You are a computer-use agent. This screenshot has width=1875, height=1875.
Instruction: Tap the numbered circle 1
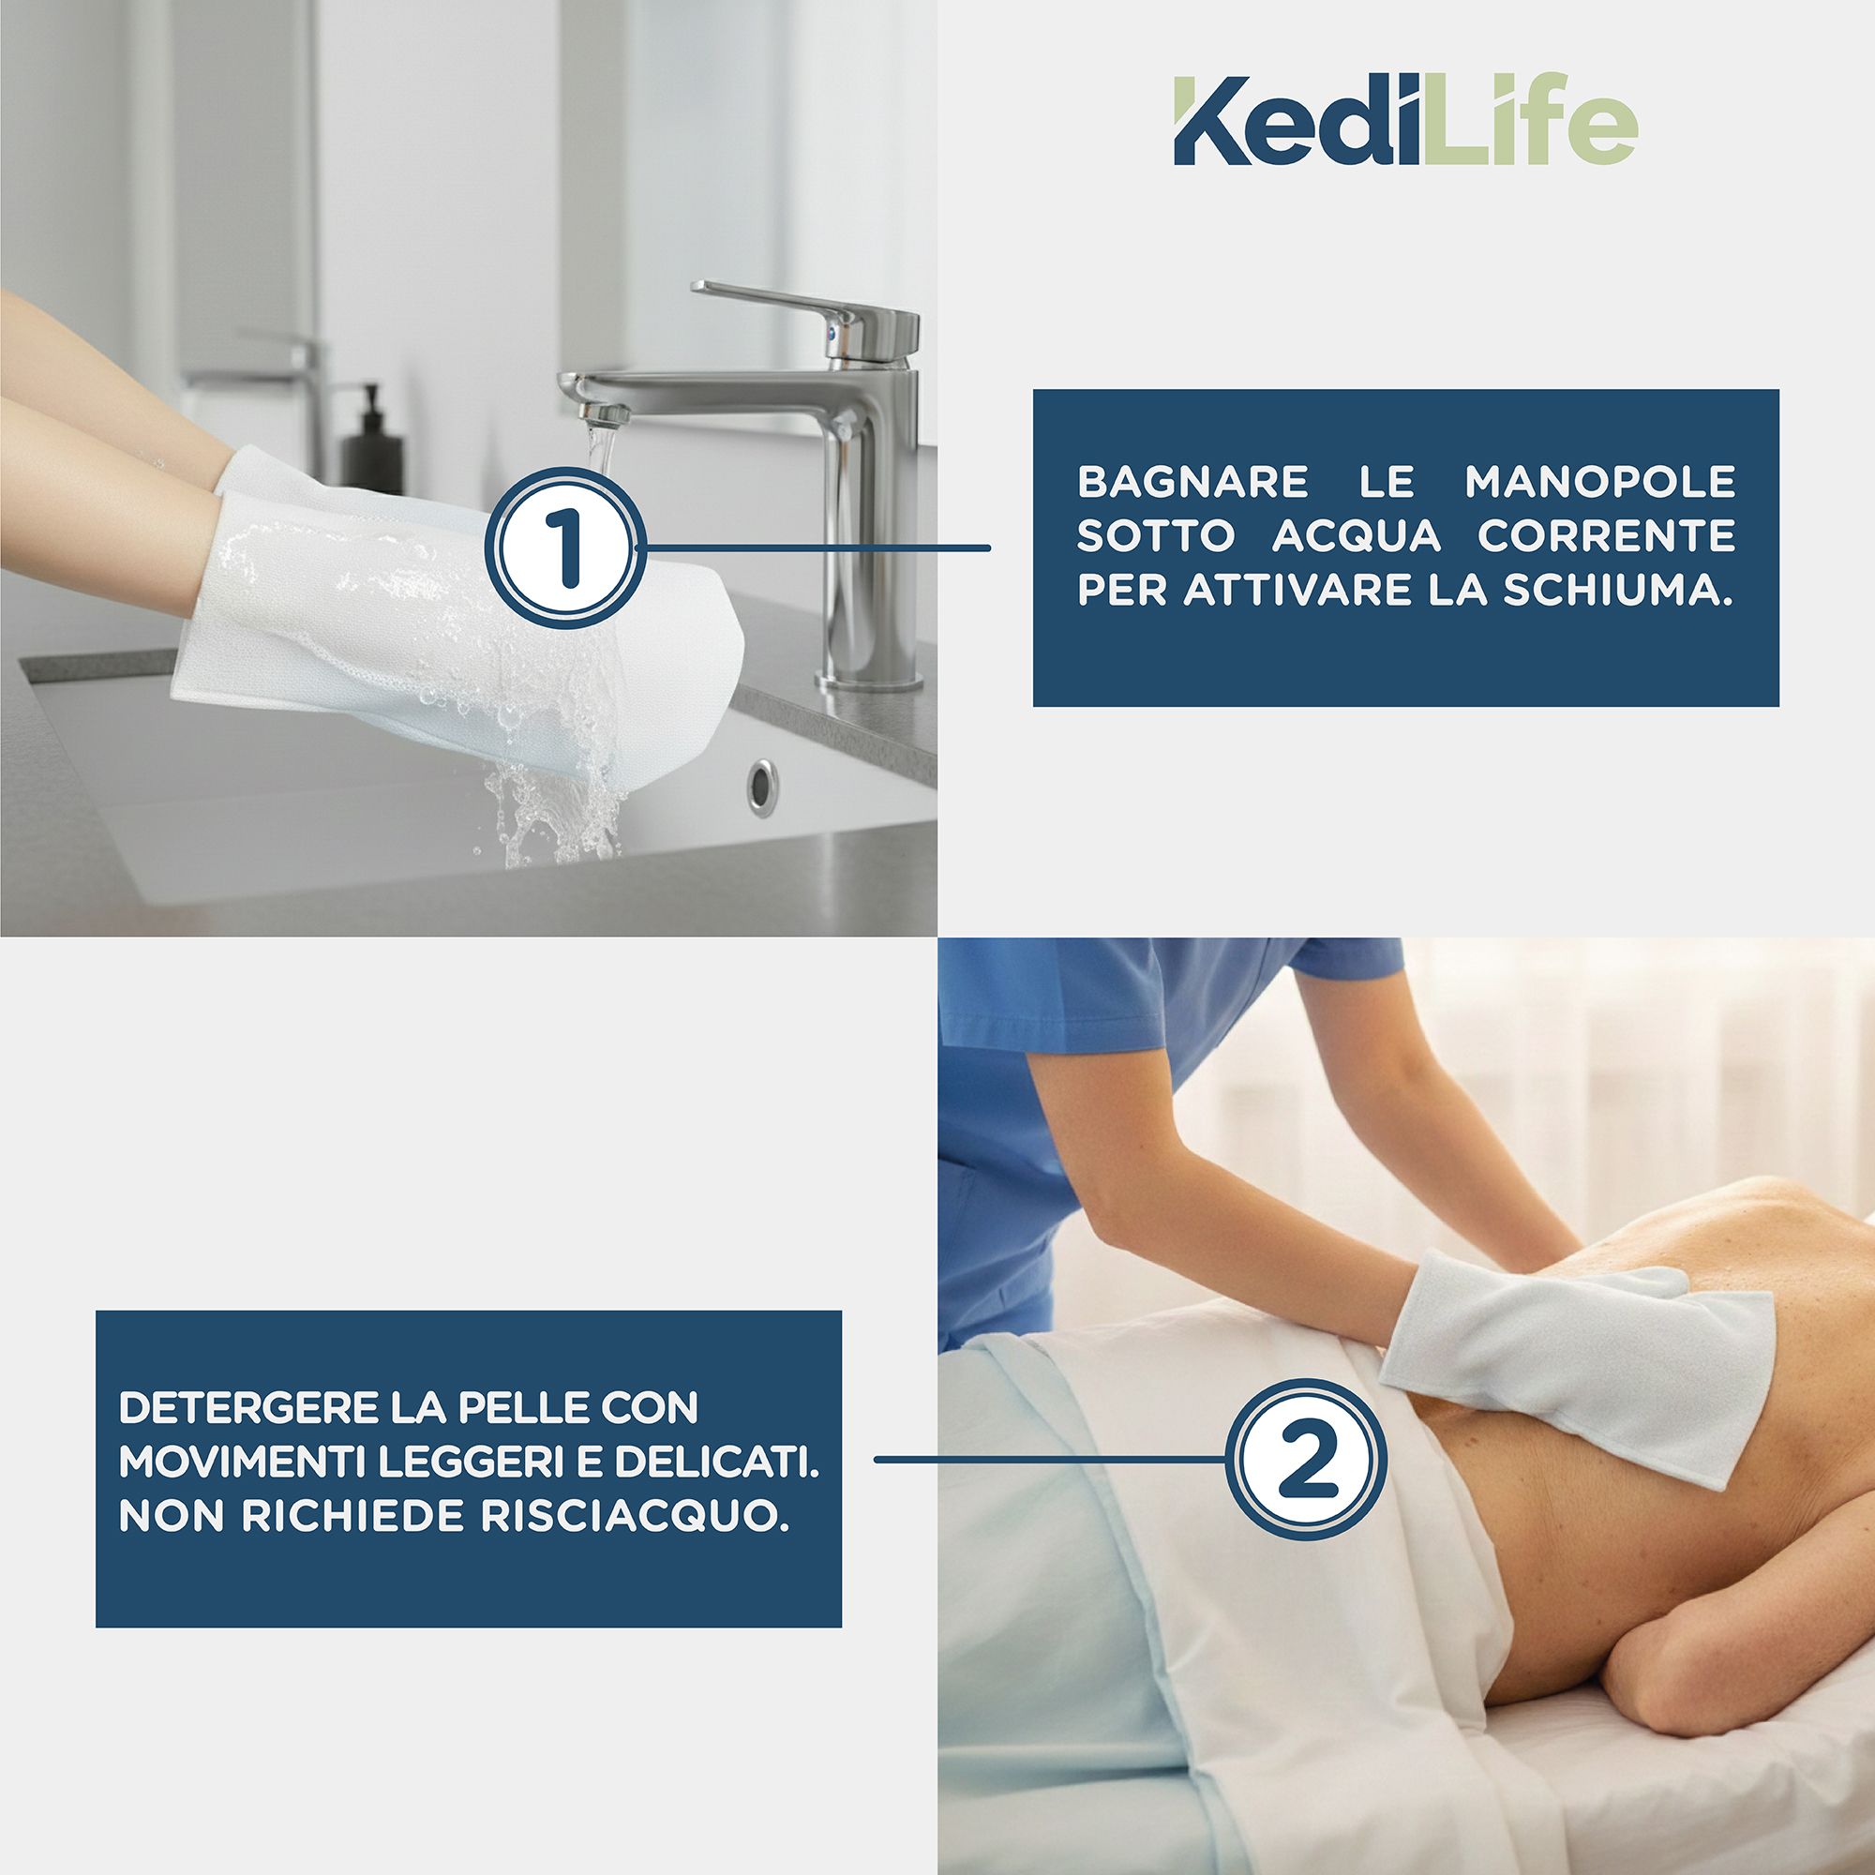[564, 547]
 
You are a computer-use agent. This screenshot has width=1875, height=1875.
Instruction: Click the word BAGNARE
[1192, 482]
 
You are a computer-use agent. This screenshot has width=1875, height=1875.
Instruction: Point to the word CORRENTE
[1606, 536]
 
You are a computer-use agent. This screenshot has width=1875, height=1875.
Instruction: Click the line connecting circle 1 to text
[816, 548]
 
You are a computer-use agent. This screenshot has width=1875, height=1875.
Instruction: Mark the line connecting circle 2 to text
[1048, 1459]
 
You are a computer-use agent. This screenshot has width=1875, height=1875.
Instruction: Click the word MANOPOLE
[1599, 482]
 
